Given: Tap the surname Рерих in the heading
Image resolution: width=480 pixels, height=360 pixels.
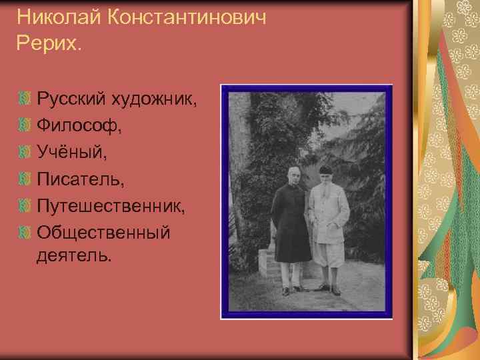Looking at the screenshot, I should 46,43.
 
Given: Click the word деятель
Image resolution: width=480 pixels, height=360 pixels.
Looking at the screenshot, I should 74,255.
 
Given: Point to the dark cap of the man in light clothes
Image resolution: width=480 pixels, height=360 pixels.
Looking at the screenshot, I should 325,169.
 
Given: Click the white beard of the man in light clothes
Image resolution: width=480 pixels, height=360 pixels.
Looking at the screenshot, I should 326,188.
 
